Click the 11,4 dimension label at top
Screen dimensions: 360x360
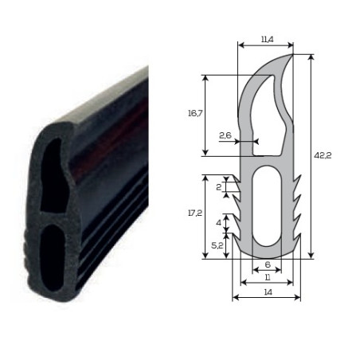(x=267, y=40)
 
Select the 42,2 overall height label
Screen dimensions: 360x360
(x=323, y=155)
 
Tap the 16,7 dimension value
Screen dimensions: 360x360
(x=195, y=114)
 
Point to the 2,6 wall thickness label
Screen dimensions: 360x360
(x=225, y=135)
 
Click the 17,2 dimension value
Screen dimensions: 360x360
(x=195, y=213)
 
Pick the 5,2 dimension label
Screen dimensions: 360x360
(x=217, y=246)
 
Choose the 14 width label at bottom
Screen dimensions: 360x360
(x=268, y=292)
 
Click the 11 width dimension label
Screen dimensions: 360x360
(x=268, y=278)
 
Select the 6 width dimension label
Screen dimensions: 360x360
(x=268, y=264)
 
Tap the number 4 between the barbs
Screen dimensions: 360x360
(x=218, y=223)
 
